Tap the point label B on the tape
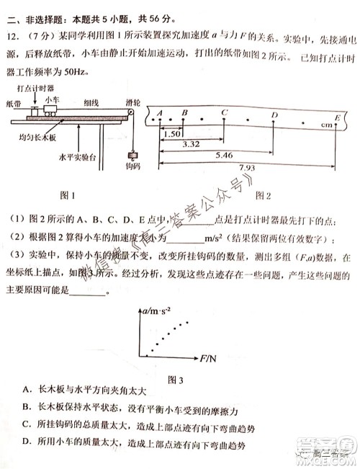point(184,112)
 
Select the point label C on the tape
point(225,112)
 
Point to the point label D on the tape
point(274,115)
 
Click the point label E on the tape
point(337,117)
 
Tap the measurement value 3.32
point(192,145)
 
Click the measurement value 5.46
point(216,155)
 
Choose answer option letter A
point(27,390)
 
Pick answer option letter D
point(27,442)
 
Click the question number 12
point(13,36)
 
